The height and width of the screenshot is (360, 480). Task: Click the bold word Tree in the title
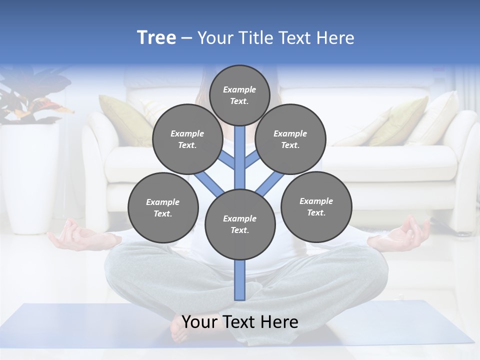(x=156, y=38)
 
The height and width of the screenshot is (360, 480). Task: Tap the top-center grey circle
(x=239, y=95)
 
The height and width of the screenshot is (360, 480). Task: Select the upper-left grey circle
(x=187, y=139)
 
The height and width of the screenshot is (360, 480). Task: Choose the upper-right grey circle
(x=290, y=139)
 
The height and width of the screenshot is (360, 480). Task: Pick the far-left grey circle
(x=163, y=207)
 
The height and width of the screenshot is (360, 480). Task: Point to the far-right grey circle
(x=316, y=206)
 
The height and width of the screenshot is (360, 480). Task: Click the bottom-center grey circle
(x=240, y=224)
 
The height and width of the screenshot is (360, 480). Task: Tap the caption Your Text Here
(x=240, y=322)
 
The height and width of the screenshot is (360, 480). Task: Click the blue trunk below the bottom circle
(x=240, y=280)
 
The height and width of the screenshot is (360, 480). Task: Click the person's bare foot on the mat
(x=185, y=330)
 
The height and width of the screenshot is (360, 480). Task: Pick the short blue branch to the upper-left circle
(x=228, y=159)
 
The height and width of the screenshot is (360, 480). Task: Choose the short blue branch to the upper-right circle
(x=252, y=159)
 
